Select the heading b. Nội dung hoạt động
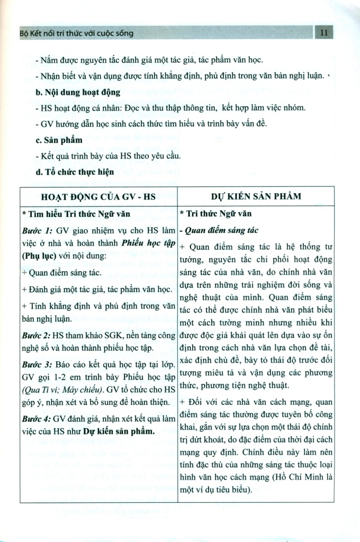click(x=78, y=92)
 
